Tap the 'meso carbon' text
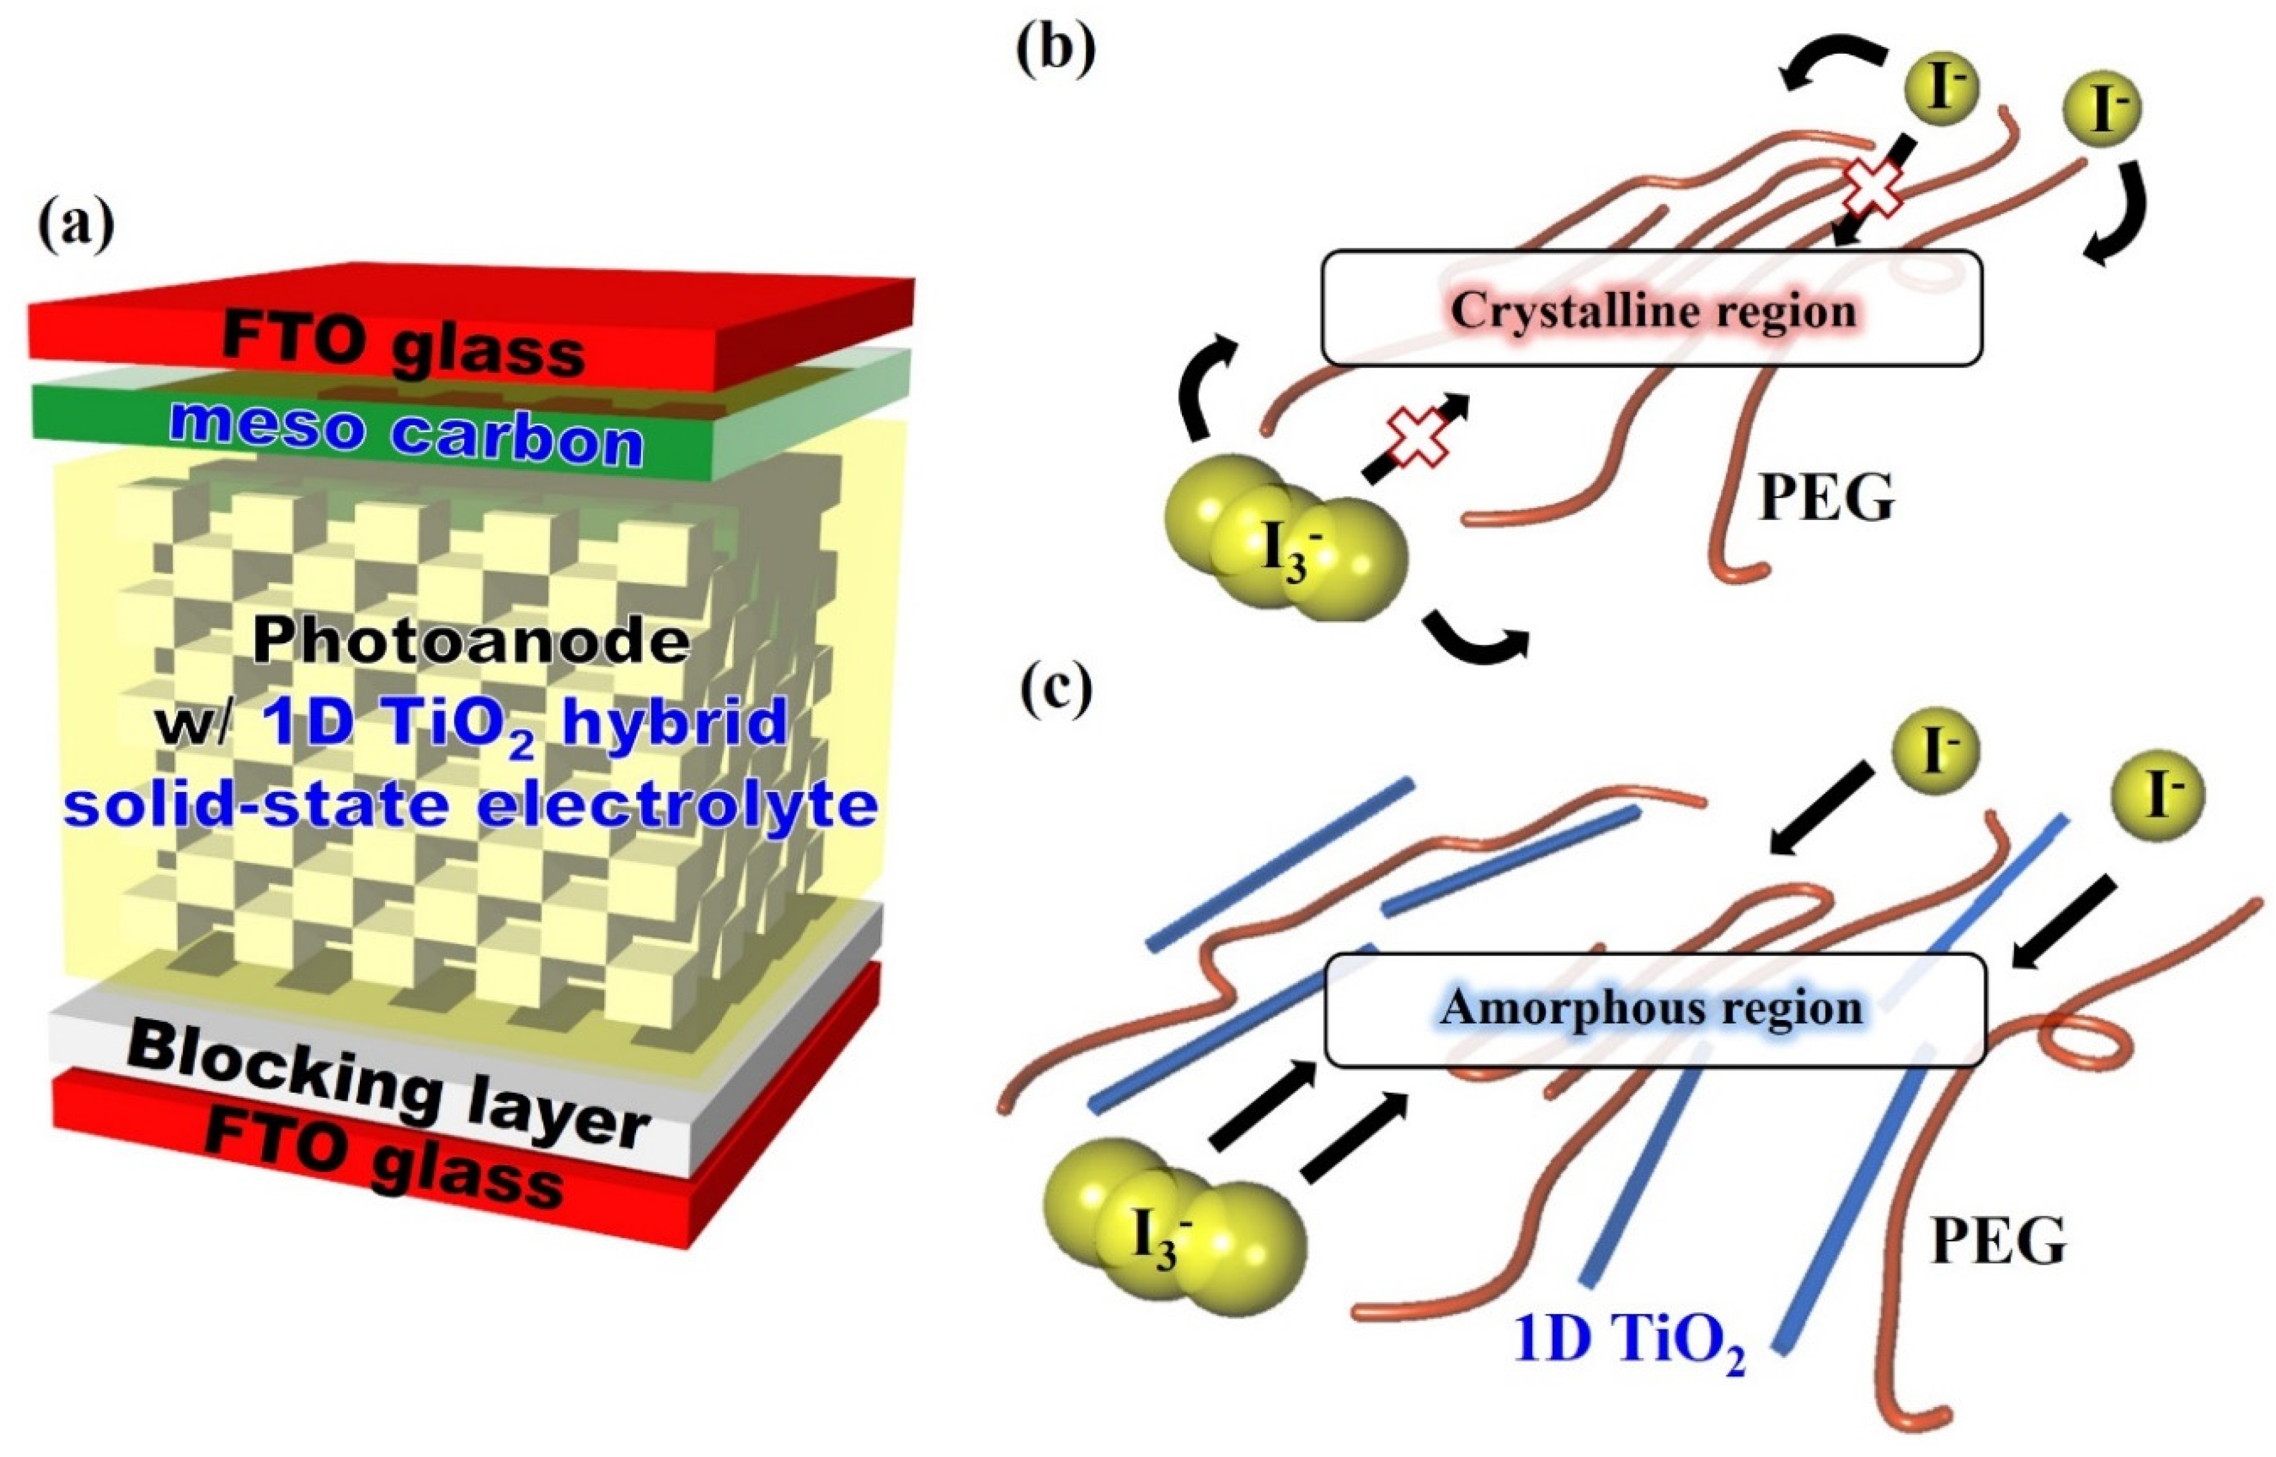[x=407, y=436]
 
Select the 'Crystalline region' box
[x=1650, y=308]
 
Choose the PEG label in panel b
[x=1826, y=499]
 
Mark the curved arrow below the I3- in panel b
[x=1476, y=639]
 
